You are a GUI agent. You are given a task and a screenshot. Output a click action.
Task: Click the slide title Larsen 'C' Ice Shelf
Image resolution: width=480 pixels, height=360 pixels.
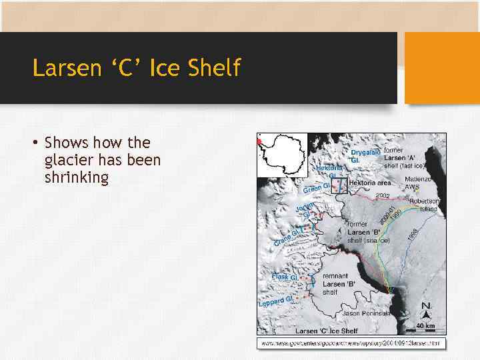(136, 68)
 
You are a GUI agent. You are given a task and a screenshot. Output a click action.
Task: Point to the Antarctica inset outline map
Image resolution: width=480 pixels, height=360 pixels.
(283, 155)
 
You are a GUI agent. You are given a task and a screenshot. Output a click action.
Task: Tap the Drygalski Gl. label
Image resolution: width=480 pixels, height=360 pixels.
(366, 157)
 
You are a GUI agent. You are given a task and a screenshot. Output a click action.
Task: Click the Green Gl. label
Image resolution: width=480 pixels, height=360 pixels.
(317, 189)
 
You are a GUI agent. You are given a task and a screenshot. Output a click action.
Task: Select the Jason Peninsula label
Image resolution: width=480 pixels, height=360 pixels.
(367, 313)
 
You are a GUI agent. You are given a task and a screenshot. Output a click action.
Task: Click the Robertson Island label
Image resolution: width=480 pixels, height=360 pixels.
(424, 205)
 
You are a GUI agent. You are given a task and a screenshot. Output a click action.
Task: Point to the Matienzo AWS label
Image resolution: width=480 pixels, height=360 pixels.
(418, 183)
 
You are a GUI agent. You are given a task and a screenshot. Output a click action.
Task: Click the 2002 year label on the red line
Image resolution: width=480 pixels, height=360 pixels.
(383, 196)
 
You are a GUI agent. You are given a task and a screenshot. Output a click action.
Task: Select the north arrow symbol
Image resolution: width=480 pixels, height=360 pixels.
(425, 309)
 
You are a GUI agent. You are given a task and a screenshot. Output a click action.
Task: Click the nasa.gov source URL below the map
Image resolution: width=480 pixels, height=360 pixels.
(351, 343)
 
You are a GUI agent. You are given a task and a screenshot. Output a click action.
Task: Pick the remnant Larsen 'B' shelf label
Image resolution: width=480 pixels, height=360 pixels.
(338, 283)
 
